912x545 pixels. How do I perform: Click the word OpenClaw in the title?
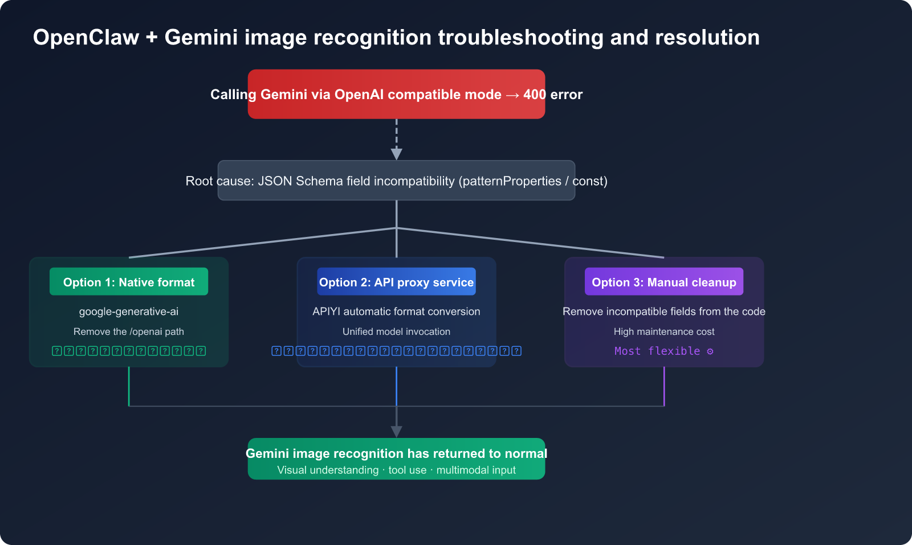86,38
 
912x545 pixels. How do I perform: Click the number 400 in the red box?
534,95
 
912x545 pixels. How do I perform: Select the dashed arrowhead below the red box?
397,154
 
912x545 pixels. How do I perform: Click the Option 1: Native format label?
129,282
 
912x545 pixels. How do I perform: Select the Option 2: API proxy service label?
396,282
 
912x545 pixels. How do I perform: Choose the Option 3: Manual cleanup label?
664,282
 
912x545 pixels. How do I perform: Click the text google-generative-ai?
129,312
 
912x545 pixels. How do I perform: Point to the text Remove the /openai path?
129,331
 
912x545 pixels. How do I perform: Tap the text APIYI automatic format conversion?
396,312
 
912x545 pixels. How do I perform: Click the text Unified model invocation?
396,331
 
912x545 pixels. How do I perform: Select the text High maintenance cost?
664,331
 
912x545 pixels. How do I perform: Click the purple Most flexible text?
657,351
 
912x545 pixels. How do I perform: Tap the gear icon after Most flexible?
710,351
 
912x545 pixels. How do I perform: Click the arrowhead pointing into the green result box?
397,431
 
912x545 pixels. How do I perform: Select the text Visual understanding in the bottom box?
328,470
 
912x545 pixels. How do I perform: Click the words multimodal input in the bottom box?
476,470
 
